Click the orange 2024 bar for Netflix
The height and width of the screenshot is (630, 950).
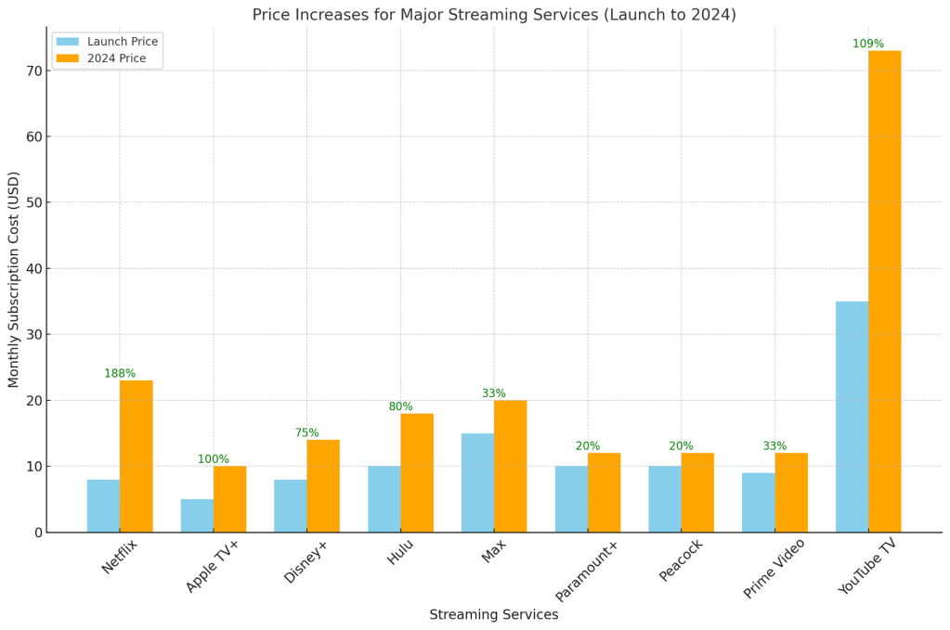[136, 456]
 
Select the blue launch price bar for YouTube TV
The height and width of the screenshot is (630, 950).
[852, 417]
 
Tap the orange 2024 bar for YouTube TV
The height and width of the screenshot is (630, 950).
[884, 291]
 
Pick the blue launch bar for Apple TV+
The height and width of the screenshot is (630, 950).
[197, 515]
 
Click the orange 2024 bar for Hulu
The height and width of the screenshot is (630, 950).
[417, 472]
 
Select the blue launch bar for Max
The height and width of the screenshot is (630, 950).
[477, 482]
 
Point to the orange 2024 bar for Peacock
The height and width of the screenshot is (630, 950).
[697, 492]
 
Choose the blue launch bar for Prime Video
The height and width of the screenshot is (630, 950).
[758, 502]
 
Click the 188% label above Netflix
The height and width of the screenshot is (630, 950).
[120, 374]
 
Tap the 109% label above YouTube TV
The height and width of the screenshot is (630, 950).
[868, 45]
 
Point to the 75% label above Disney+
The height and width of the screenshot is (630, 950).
[307, 433]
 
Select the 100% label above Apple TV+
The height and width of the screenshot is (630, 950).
[214, 459]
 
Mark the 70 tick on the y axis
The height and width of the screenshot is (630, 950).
[34, 71]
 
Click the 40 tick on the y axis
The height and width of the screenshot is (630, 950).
[34, 269]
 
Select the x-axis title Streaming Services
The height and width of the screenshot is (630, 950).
[493, 615]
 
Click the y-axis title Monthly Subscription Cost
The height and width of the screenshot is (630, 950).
[14, 279]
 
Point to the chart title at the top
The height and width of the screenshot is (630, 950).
[494, 15]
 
